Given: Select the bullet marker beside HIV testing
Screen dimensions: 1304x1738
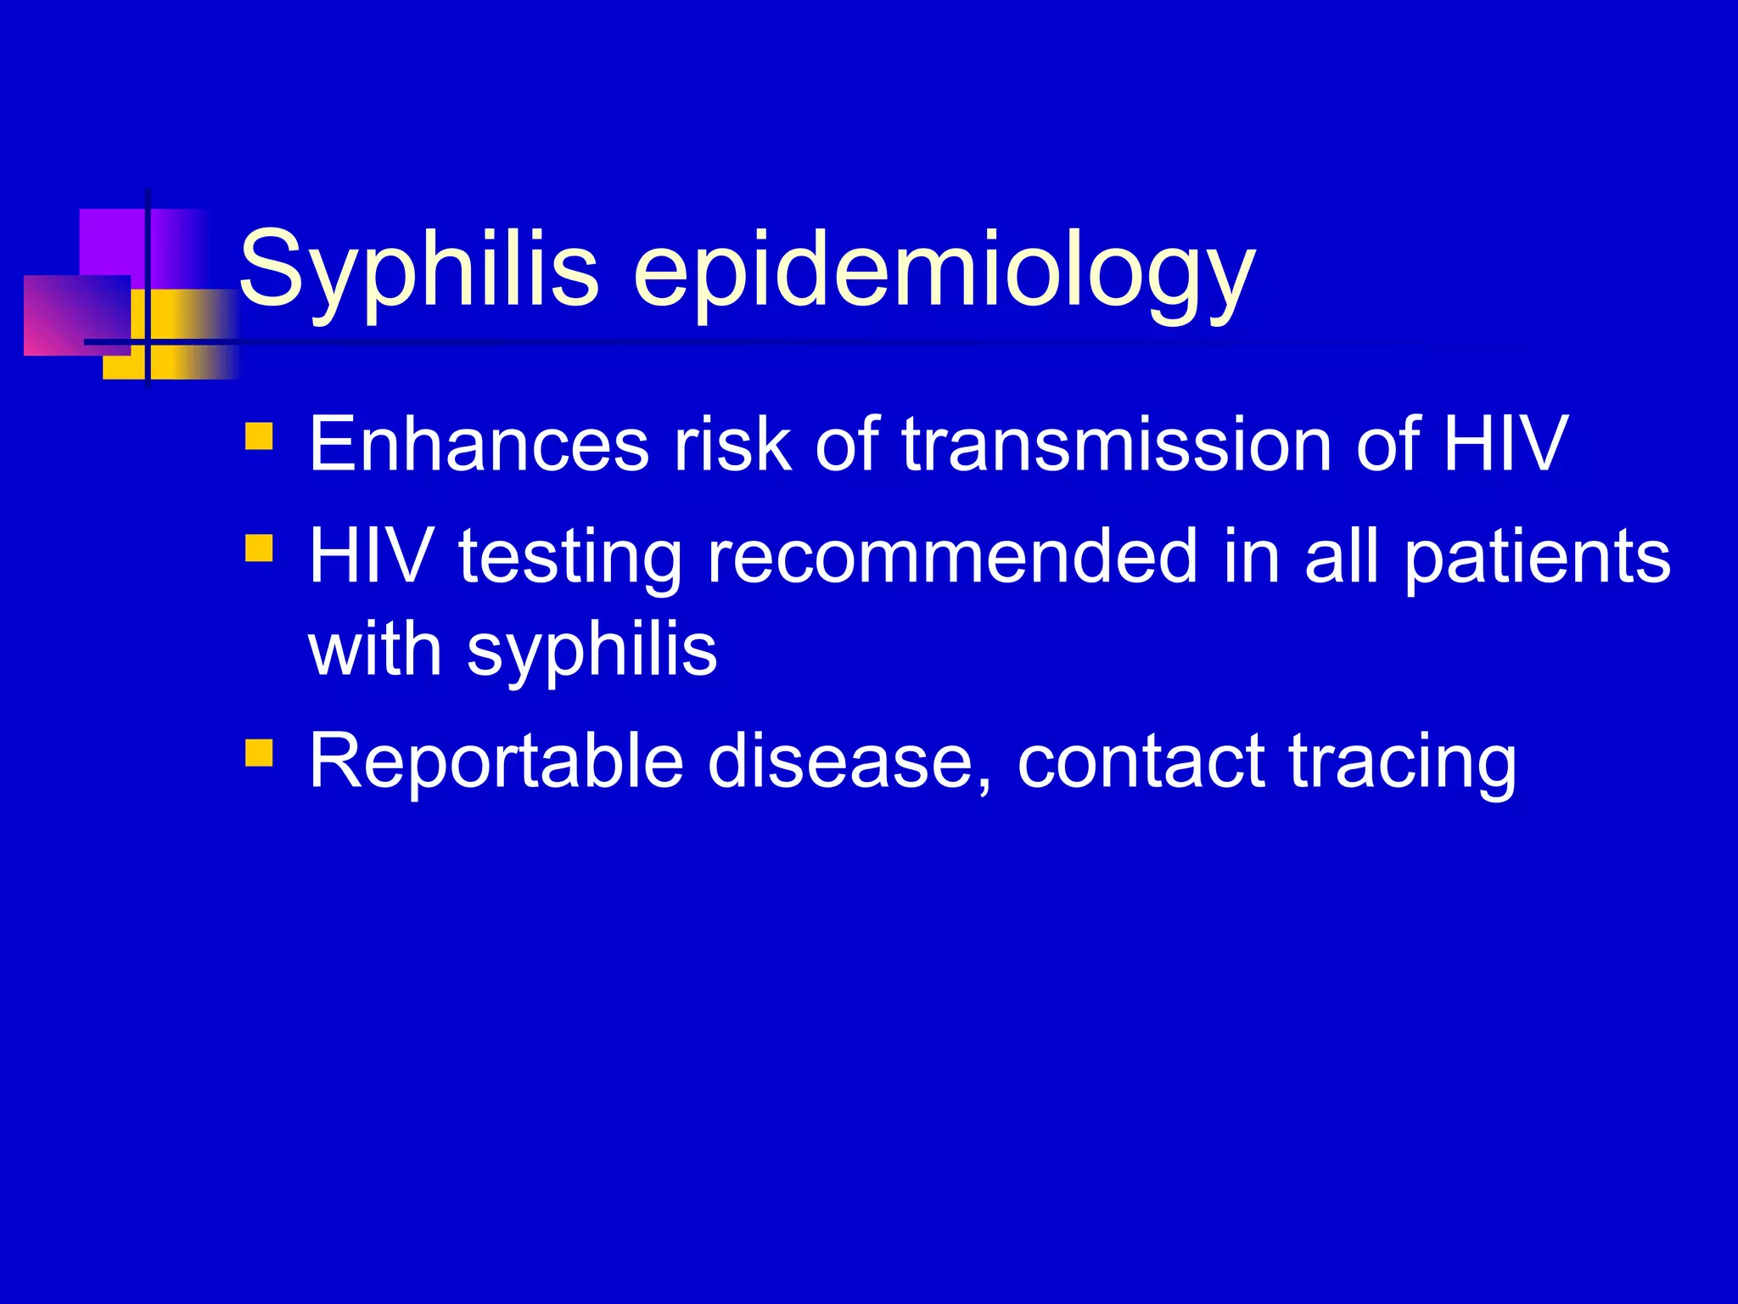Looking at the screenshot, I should [x=259, y=548].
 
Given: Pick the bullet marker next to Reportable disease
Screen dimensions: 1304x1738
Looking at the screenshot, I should [x=259, y=752].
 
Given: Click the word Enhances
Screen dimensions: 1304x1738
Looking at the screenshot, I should [x=479, y=444].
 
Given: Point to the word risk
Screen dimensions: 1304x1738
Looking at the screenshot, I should [x=732, y=444].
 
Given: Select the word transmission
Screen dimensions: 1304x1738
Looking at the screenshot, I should [x=1115, y=444].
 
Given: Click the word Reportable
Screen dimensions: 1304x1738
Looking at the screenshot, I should [x=496, y=762].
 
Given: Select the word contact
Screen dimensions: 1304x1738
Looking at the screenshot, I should [x=1141, y=762].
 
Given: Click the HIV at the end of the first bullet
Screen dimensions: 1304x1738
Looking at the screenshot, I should [x=1505, y=444].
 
